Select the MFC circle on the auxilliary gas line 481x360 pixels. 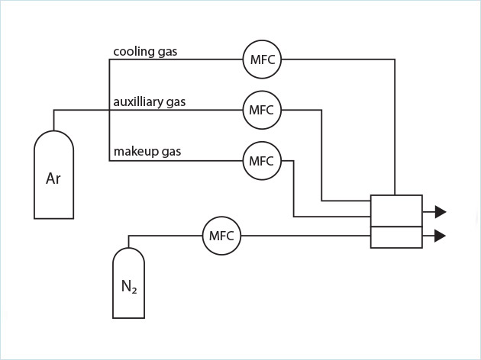tap(262, 110)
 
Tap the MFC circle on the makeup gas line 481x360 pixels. tap(262, 161)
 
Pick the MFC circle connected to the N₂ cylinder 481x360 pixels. tap(221, 236)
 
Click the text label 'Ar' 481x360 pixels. tap(53, 179)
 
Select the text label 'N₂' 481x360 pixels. tap(129, 288)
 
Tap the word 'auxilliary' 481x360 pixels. tap(140, 101)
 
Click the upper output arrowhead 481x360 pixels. tap(440, 212)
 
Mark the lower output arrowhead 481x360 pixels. tap(440, 236)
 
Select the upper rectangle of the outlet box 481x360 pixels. tap(395, 211)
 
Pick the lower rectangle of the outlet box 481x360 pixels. tap(395, 237)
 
